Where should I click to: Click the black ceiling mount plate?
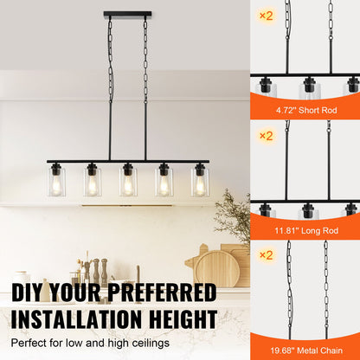(127, 14)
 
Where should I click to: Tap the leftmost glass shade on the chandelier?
(57, 181)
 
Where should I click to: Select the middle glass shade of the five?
(128, 181)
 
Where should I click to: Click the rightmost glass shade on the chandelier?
(200, 181)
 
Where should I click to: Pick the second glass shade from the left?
(93, 181)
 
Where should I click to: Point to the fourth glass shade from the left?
(164, 181)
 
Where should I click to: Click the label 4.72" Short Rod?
(305, 110)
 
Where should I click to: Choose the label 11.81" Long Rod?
(305, 230)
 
